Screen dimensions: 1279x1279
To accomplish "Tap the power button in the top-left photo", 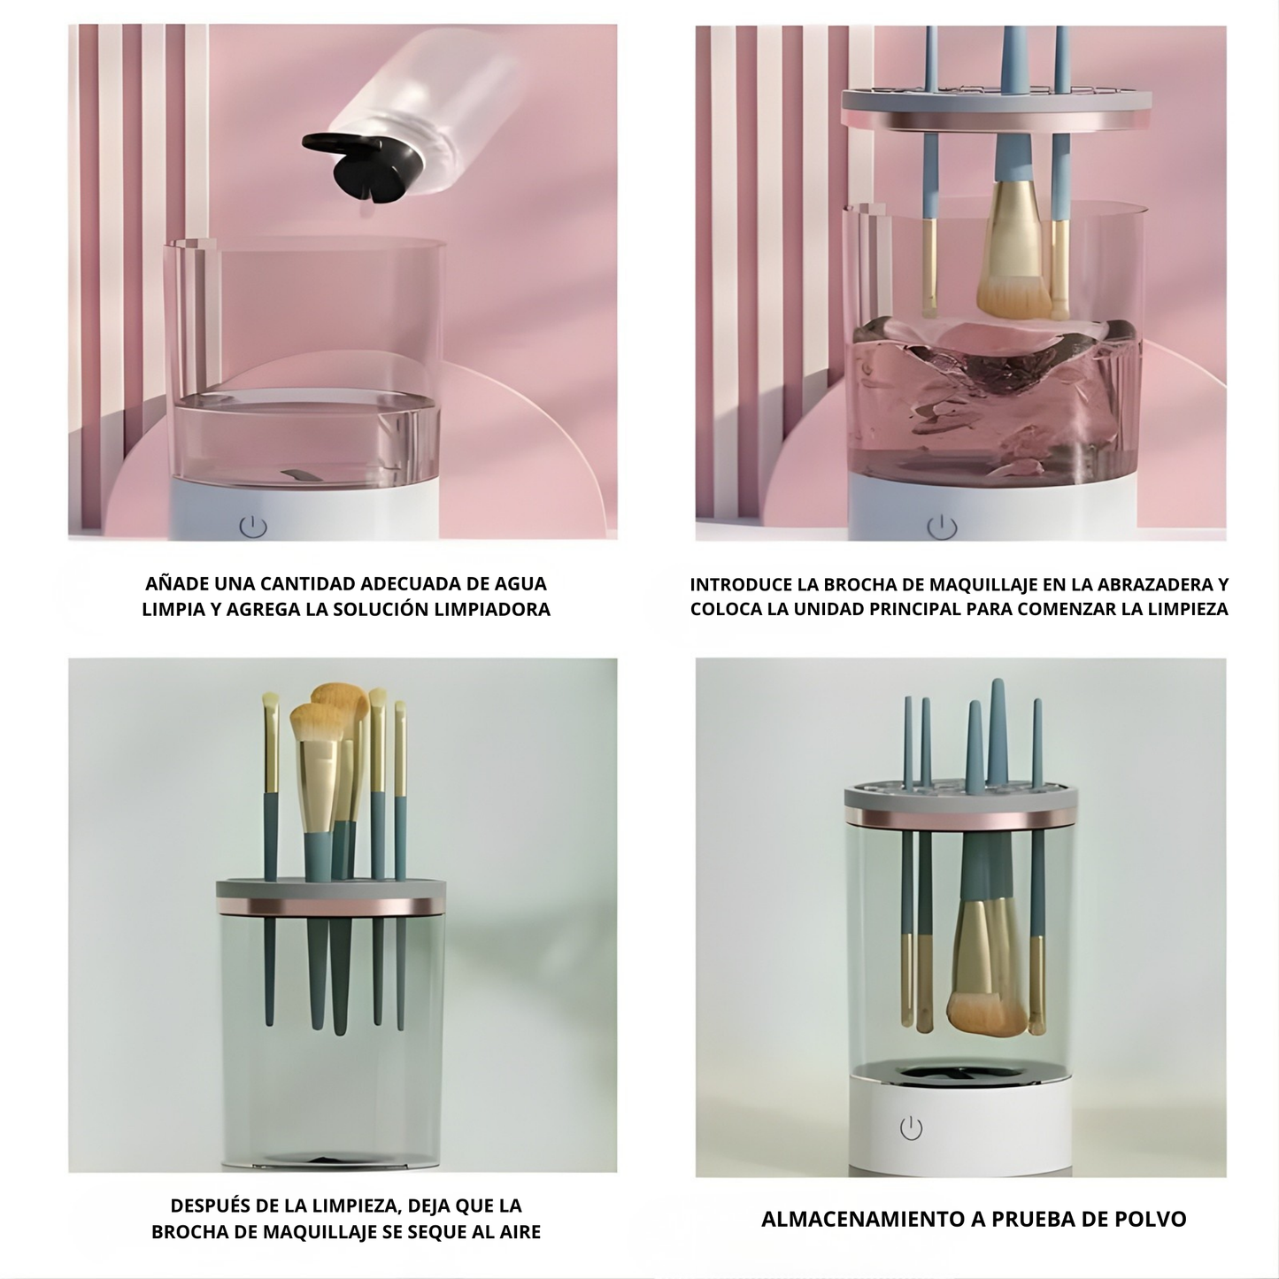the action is pyautogui.click(x=253, y=527).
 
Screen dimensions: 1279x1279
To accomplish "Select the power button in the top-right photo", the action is pyautogui.click(x=942, y=527).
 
